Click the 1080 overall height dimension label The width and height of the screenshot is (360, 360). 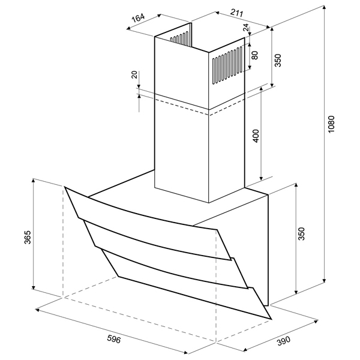[331, 124]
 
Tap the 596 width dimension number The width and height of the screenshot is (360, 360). [114, 339]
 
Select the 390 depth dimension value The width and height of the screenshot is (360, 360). [284, 341]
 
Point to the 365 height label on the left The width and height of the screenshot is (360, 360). [28, 237]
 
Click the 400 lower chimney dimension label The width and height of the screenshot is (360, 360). [256, 136]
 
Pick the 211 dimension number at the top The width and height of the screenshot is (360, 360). [236, 13]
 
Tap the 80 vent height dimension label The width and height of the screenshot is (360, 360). [254, 55]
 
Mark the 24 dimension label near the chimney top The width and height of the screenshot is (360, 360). [246, 28]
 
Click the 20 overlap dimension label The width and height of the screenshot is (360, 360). [134, 74]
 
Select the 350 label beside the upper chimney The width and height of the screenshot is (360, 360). [278, 60]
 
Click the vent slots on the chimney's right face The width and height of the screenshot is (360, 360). [227, 65]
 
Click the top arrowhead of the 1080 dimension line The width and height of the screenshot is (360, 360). [324, 8]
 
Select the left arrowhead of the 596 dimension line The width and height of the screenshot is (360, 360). [38, 310]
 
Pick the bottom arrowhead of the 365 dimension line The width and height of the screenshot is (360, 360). [34, 287]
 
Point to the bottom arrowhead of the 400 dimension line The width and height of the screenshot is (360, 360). [261, 178]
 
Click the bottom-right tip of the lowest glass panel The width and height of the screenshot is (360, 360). [271, 319]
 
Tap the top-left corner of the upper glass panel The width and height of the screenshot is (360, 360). [65, 187]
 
